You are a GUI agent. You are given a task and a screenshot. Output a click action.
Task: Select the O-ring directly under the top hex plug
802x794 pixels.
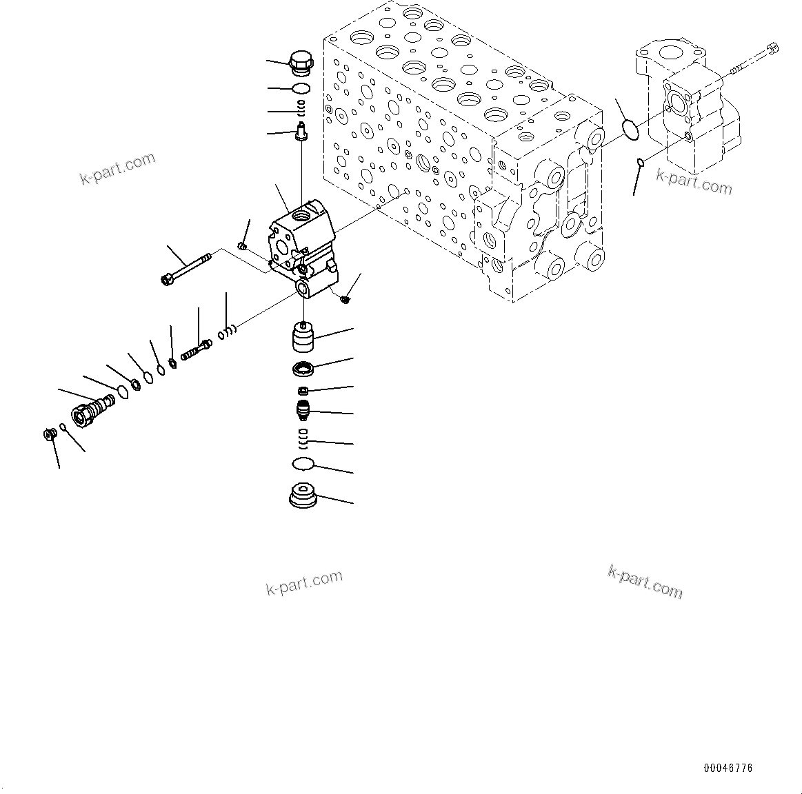301,88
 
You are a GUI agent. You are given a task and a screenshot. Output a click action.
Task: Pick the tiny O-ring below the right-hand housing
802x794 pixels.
641,163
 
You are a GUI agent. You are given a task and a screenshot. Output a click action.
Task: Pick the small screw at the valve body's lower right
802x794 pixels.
345,298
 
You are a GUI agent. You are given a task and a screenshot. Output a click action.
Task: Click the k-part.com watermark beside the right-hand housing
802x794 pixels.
694,183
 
